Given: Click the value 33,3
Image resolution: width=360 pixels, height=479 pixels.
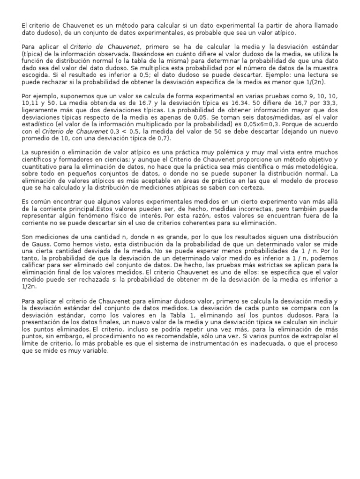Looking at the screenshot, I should (329, 115).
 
